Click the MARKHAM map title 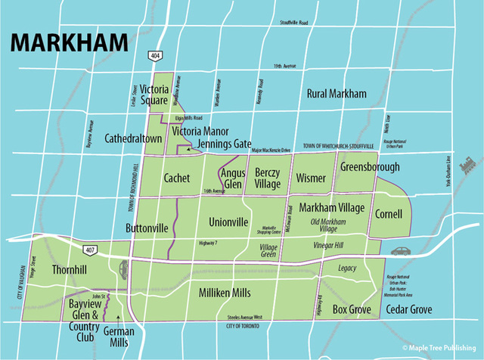click(69, 43)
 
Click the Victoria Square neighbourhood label click(159, 95)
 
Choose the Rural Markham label click(337, 94)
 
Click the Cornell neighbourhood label click(389, 214)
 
